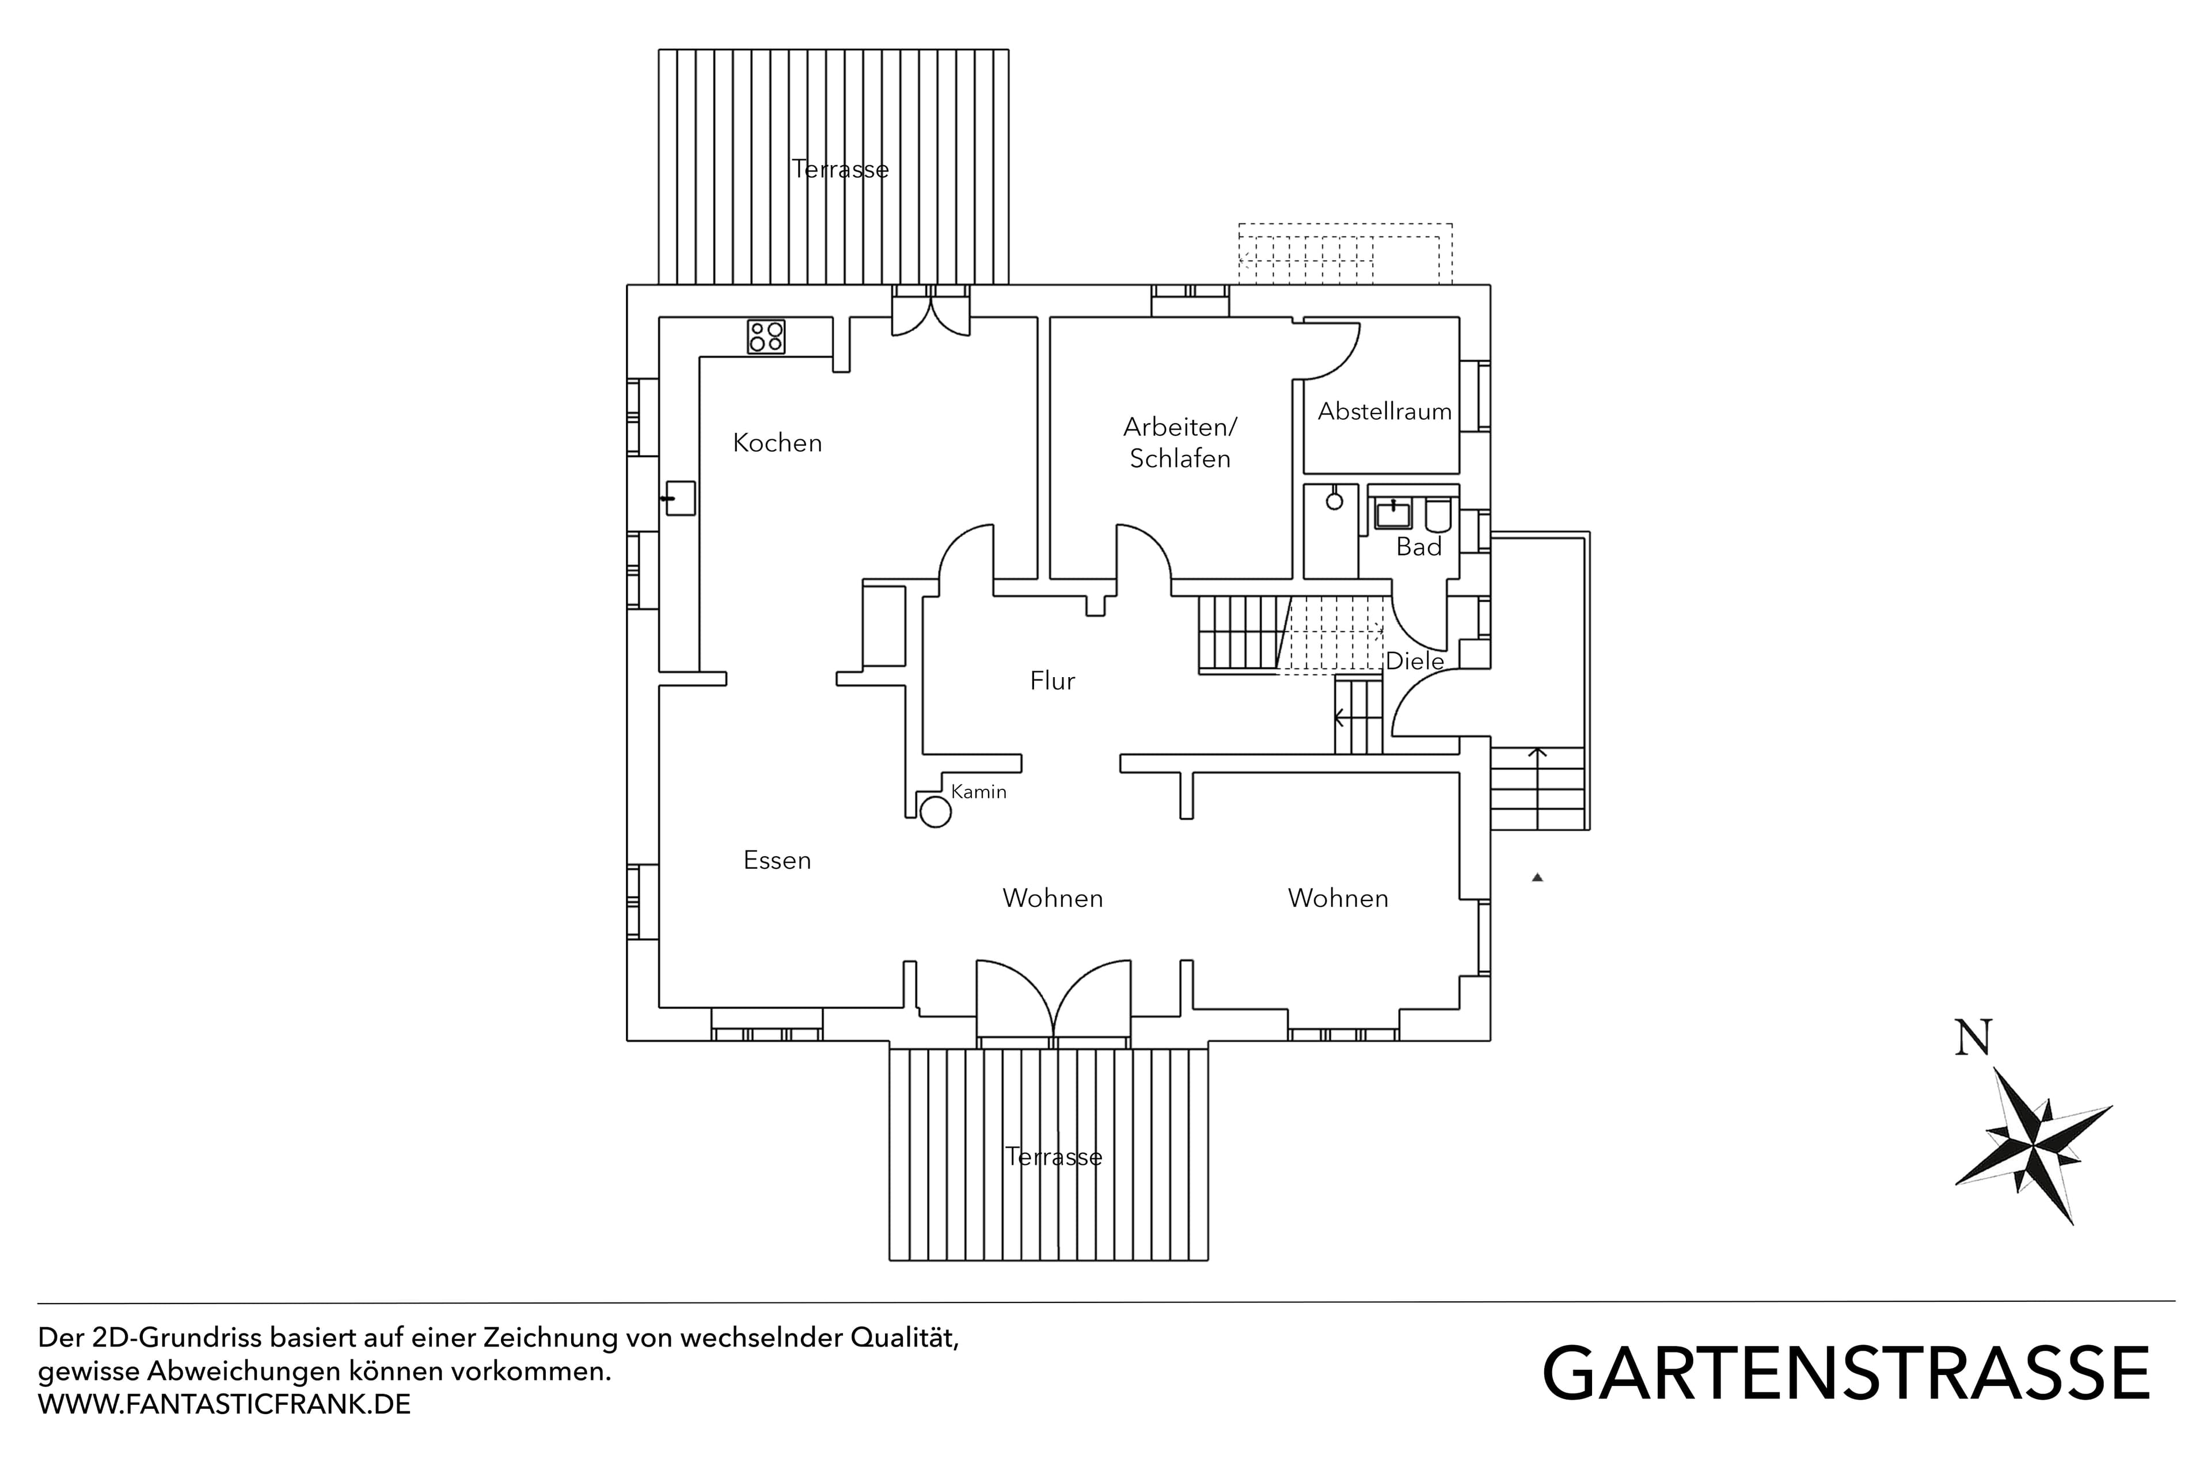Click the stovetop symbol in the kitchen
pos(766,336)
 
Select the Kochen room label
pos(777,443)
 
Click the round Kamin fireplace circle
pos(935,811)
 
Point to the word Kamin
pos(979,792)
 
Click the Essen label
pos(777,860)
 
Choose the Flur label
pos(1052,681)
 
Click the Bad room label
pos(1419,546)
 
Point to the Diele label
pos(1415,661)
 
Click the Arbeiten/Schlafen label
pos(1180,443)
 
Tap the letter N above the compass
pos(1973,1038)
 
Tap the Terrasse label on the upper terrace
pos(839,169)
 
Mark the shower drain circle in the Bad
pos(1334,501)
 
